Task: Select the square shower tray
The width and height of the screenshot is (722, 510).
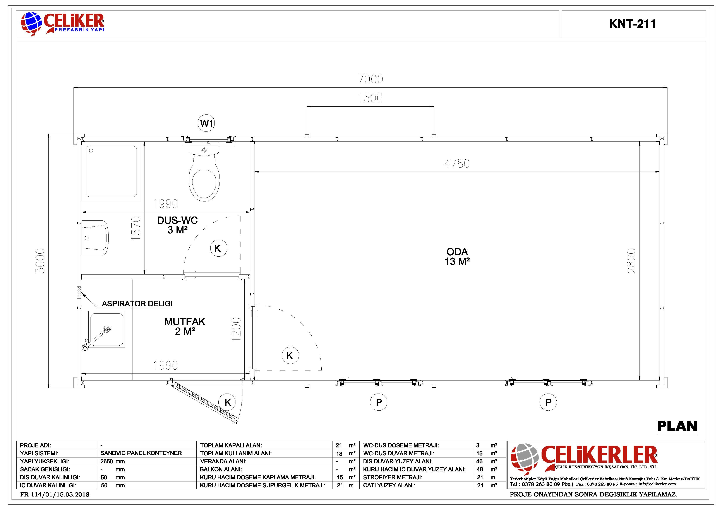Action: [x=111, y=171]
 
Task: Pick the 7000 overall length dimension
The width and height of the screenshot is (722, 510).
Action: [x=371, y=79]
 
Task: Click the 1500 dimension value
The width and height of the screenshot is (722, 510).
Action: [x=370, y=98]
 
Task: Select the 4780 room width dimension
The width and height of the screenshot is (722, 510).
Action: [x=457, y=163]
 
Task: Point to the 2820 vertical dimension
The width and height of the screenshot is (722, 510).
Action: [x=631, y=261]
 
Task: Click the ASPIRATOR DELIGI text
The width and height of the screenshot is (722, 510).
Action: [x=137, y=304]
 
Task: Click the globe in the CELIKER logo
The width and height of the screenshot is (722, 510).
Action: [x=31, y=23]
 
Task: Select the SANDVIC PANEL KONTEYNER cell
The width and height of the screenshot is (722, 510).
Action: [x=141, y=453]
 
